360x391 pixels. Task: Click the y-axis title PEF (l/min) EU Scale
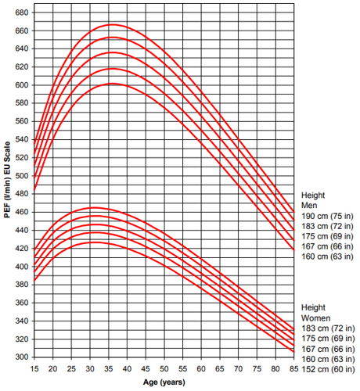point(7,184)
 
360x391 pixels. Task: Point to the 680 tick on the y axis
point(22,13)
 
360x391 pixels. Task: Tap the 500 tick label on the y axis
point(22,176)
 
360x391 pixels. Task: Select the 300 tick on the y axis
point(22,357)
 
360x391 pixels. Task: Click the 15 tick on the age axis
point(34,368)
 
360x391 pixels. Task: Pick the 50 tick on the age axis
point(164,368)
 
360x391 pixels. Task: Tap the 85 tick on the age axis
point(294,368)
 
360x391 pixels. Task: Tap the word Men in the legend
point(310,205)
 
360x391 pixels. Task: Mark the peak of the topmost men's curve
point(112,24)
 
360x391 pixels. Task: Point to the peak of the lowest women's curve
point(95,242)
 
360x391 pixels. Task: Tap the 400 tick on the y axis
point(22,267)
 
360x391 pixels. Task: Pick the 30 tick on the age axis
point(90,368)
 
